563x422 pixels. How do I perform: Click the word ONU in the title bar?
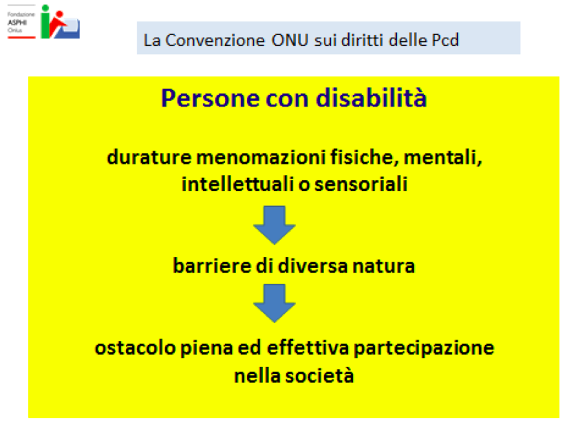coord(289,40)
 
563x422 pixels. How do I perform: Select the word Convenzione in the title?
coord(215,40)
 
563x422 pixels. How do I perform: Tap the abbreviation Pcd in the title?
coord(445,40)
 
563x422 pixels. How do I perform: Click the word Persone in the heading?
coord(210,98)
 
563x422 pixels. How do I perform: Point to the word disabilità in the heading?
coord(371,98)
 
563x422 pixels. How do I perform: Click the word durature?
coord(149,157)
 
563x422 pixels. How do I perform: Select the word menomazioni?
coord(261,157)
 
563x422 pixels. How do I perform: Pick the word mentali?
coord(443,157)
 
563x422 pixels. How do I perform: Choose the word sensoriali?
coord(361,184)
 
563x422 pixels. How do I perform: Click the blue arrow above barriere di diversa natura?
coord(274,225)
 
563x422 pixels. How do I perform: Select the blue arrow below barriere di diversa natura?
coord(274,303)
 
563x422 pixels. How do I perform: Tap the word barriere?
coord(212,265)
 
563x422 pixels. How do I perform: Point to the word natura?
coord(383,266)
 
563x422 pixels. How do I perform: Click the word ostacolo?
coord(135,348)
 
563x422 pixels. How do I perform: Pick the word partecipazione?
coord(424,348)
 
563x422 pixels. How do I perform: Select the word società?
coord(320,376)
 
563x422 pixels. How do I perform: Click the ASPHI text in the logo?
coord(17,23)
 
